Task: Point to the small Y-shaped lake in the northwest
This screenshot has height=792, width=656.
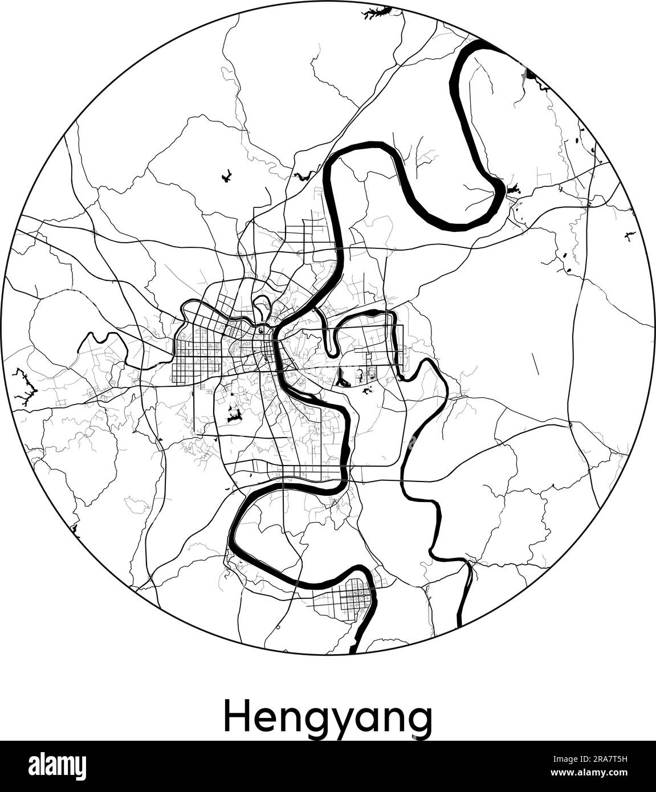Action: tap(226, 176)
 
